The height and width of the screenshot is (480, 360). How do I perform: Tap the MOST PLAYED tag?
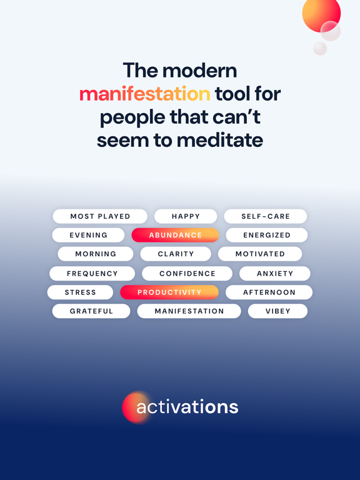[x=100, y=216]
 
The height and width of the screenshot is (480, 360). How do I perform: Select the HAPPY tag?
[x=186, y=216]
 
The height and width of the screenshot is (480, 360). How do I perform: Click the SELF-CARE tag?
[x=266, y=216]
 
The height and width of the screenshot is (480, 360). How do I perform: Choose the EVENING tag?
[x=88, y=235]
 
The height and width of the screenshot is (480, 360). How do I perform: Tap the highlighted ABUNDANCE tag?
[x=175, y=235]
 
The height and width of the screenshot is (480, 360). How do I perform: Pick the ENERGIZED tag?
[x=267, y=235]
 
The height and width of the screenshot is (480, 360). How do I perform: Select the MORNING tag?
[x=96, y=254]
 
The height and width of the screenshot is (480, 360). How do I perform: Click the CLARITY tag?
[x=176, y=254]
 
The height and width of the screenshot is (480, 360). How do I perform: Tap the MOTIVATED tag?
[x=260, y=254]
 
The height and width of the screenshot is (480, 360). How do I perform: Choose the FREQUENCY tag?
[x=92, y=273]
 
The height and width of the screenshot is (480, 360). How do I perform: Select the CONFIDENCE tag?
[x=187, y=273]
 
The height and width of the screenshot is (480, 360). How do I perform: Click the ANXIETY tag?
[x=275, y=273]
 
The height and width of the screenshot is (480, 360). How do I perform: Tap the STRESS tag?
[x=80, y=292]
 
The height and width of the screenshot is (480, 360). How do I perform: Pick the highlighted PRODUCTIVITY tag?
[x=169, y=292]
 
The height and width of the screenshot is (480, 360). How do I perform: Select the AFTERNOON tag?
[x=269, y=292]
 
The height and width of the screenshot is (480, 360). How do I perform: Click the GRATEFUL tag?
[x=91, y=311]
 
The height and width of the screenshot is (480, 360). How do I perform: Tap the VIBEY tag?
[x=277, y=311]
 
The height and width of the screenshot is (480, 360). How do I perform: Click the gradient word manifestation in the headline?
[x=144, y=94]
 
